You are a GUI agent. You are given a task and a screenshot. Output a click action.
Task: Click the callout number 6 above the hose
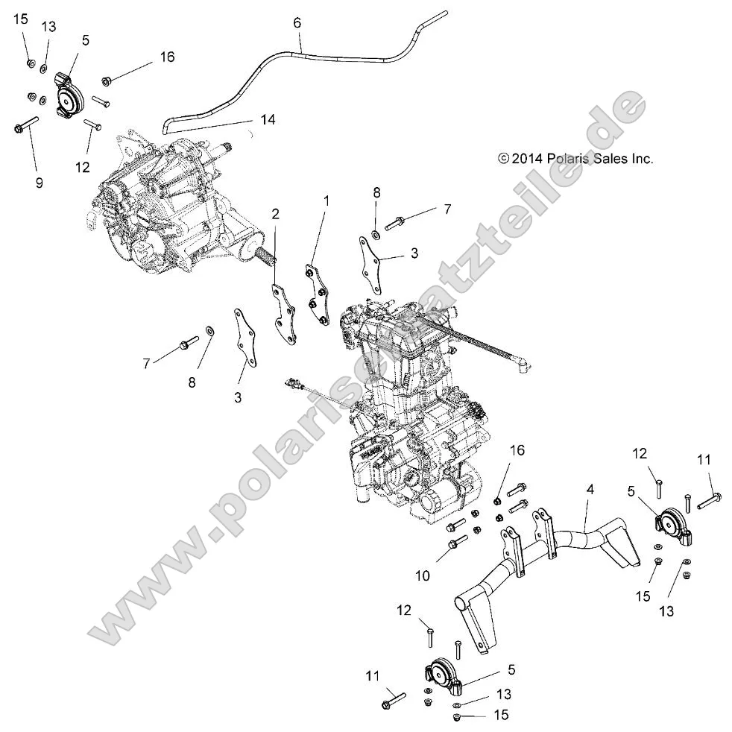(x=297, y=23)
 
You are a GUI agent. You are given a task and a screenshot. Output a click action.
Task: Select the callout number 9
(x=39, y=182)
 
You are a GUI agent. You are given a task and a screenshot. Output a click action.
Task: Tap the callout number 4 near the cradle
(x=590, y=490)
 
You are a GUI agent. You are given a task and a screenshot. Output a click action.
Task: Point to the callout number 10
(x=422, y=575)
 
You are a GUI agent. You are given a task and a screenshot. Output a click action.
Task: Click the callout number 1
(x=326, y=200)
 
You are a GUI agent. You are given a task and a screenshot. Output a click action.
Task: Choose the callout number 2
(x=275, y=214)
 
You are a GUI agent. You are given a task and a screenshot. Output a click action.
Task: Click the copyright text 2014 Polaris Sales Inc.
(x=564, y=159)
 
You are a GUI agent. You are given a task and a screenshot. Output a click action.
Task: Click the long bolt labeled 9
(x=27, y=124)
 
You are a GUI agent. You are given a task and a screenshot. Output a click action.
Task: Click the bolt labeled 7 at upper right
(x=402, y=221)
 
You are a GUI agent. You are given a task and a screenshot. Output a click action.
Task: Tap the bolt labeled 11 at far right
(x=709, y=499)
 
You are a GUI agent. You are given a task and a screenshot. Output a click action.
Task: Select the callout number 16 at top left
(x=167, y=57)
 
